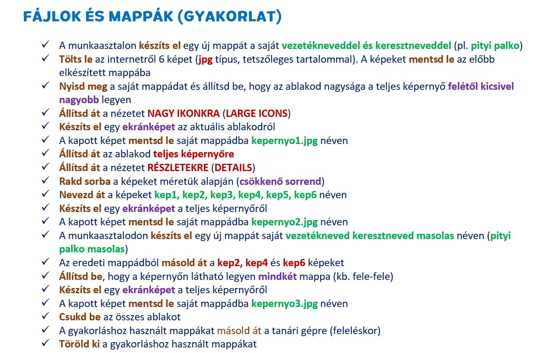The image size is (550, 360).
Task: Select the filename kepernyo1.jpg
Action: click(285, 141)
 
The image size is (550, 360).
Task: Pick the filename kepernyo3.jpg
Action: click(285, 304)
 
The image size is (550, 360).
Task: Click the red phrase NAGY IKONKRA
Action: click(184, 113)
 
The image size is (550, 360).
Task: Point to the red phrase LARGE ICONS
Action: click(257, 113)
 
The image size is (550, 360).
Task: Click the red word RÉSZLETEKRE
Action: click(178, 167)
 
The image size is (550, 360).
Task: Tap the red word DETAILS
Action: click(233, 168)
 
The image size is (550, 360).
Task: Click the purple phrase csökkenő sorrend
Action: click(280, 182)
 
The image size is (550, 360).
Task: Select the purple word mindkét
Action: click(278, 277)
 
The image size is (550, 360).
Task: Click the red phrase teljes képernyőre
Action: click(194, 155)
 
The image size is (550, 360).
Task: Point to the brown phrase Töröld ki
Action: click(80, 344)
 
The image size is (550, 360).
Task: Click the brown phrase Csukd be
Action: click(80, 317)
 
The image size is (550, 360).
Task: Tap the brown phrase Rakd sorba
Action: click(85, 182)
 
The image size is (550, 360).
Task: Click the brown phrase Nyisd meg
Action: click(83, 87)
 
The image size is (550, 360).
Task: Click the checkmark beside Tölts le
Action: click(45, 59)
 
